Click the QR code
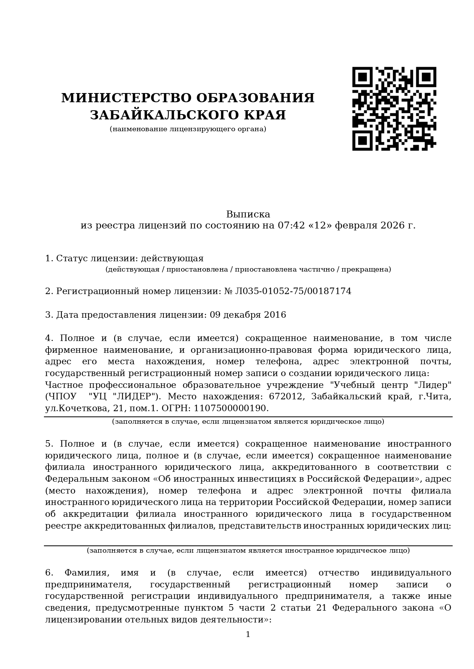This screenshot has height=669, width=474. [x=394, y=109]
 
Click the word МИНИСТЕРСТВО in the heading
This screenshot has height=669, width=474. [x=126, y=98]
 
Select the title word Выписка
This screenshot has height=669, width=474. [x=248, y=214]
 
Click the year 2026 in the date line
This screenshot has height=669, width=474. [x=392, y=225]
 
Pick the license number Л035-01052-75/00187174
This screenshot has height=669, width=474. [x=293, y=291]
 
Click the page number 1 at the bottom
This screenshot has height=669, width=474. [x=248, y=634]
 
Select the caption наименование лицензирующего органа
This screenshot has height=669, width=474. [x=188, y=129]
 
